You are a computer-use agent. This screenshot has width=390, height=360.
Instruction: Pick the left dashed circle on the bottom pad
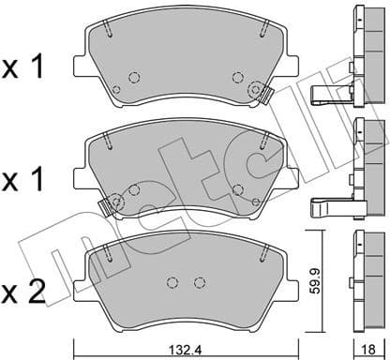click(172, 283)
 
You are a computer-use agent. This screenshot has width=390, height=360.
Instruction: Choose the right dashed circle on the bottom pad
click(198, 283)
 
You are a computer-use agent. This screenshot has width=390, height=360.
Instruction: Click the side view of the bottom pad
click(360, 277)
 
